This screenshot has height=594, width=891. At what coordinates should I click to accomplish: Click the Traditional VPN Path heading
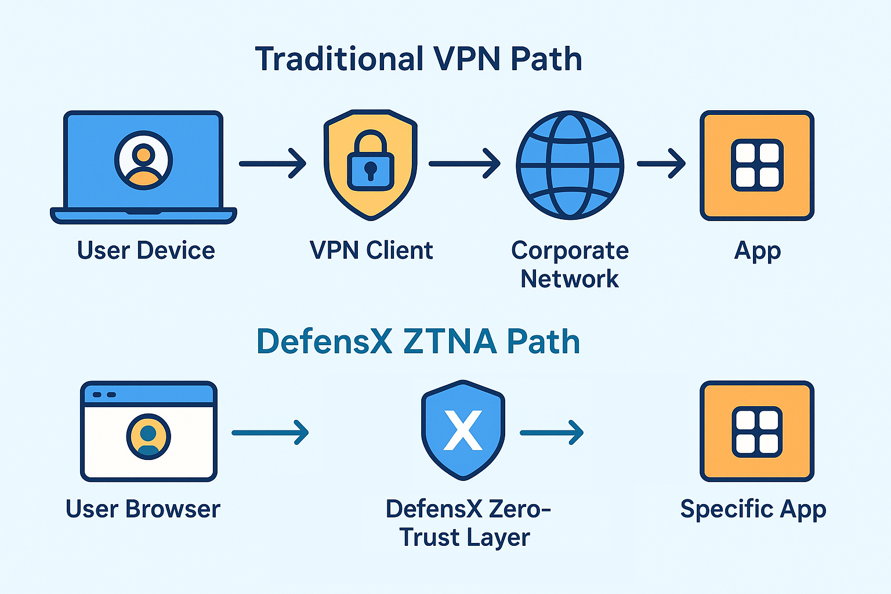tap(418, 59)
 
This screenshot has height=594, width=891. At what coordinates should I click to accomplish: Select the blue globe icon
tap(570, 165)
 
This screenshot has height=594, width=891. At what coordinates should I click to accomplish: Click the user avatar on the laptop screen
tap(143, 160)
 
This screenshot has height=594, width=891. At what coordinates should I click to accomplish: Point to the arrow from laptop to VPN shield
tap(272, 164)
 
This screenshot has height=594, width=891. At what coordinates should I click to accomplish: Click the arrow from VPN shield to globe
tap(464, 164)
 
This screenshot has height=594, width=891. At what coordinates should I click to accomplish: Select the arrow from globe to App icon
tap(661, 164)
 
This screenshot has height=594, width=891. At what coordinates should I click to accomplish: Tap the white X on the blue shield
tap(462, 430)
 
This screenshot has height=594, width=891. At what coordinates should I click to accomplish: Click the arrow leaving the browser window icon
tap(270, 432)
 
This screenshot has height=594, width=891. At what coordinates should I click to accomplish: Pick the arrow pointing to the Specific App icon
tap(551, 432)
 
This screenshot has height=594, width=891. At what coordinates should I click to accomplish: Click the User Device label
tap(146, 251)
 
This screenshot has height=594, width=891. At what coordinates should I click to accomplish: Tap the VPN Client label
tap(371, 251)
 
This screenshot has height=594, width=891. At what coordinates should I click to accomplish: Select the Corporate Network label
tap(570, 265)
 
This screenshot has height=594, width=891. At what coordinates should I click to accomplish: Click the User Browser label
tap(143, 509)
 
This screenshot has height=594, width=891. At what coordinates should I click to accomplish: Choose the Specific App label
tap(753, 509)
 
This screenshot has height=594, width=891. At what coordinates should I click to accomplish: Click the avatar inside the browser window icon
tap(148, 436)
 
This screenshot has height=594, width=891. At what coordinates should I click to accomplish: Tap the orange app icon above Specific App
tap(756, 431)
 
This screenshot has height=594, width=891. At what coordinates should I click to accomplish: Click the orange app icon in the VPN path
tap(756, 165)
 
